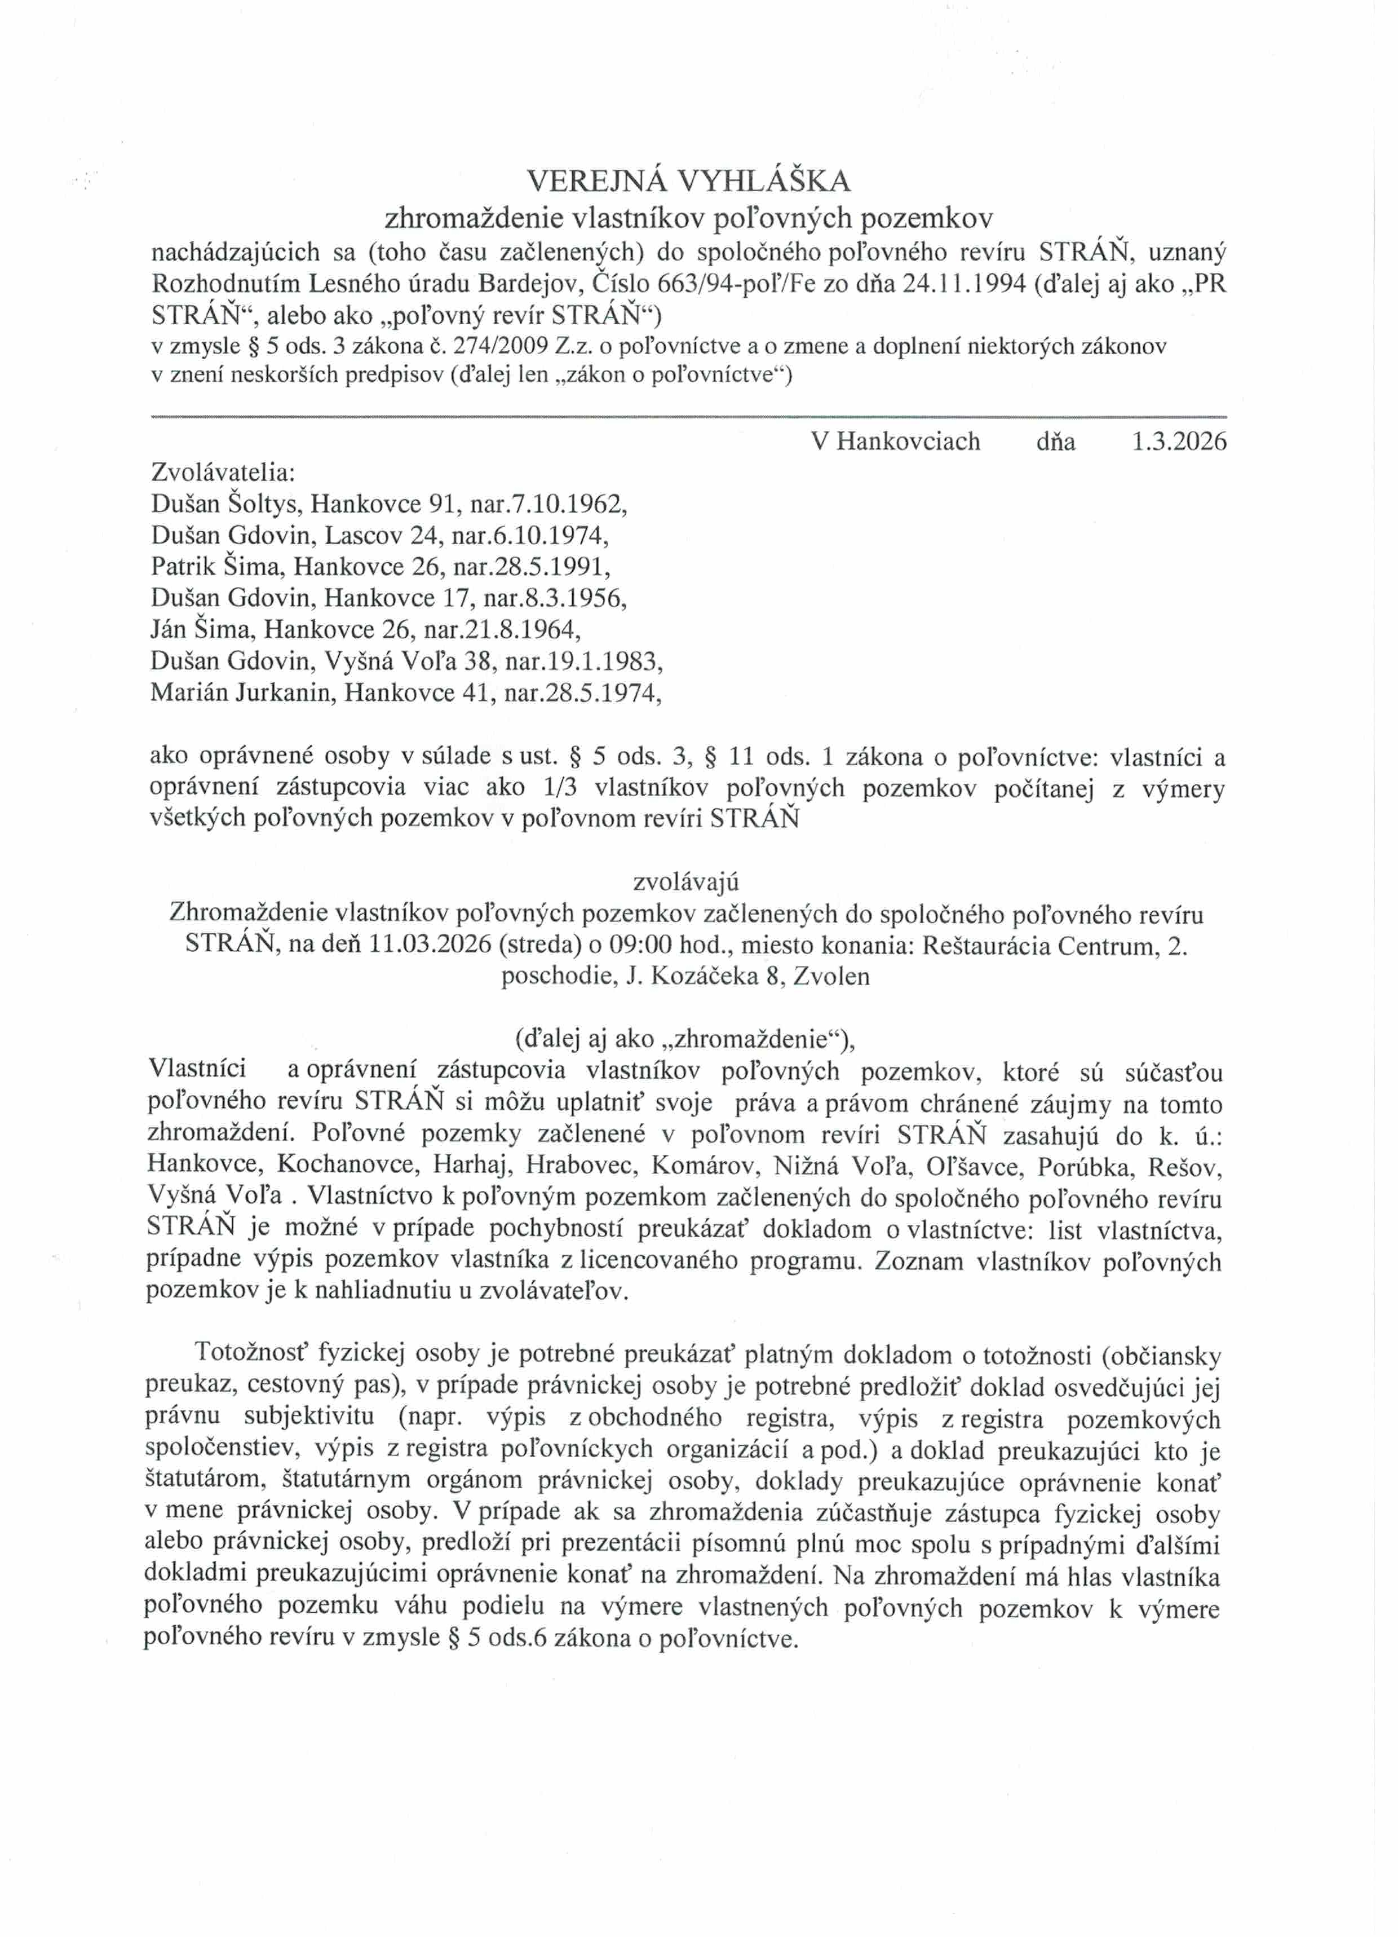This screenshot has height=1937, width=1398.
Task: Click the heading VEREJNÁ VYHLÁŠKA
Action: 688,180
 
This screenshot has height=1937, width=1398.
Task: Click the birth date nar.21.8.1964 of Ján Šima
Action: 501,629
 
